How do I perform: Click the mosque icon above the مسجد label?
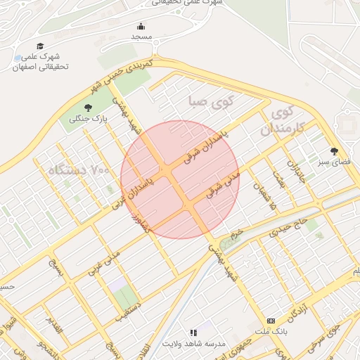click(141, 27)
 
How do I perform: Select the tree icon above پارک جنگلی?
click(88, 108)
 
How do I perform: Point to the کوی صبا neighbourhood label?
click(209, 103)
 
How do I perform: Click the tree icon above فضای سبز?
click(334, 151)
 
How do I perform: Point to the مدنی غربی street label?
click(103, 261)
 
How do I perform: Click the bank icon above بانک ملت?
click(271, 321)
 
